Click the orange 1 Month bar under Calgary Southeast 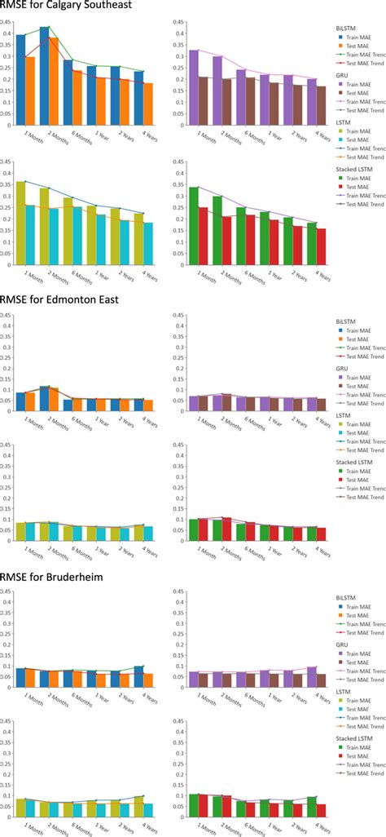pyautogui.click(x=30, y=91)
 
